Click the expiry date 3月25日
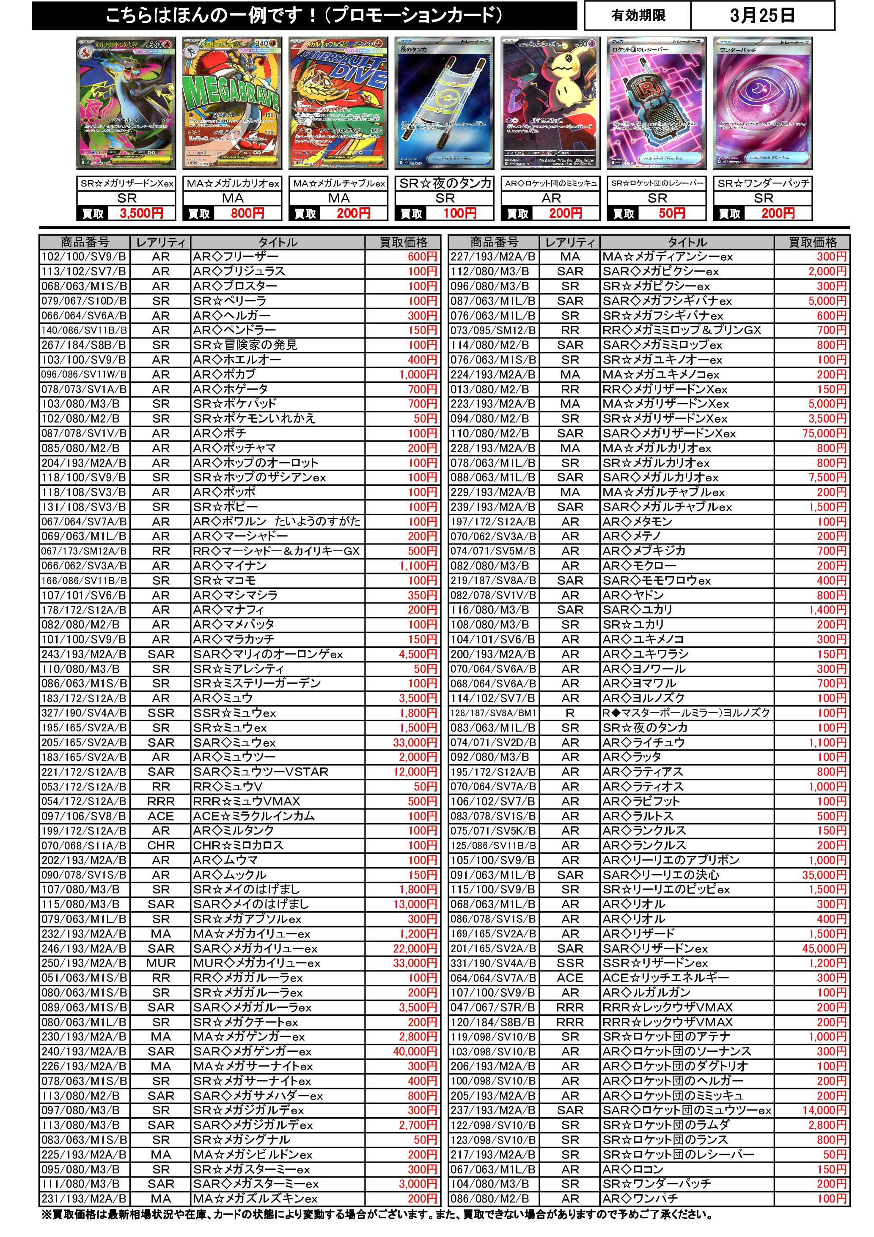coord(762,16)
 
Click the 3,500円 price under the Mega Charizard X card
coord(141,213)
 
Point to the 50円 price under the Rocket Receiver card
coord(671,213)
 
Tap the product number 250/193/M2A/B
coord(84,963)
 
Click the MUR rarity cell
coord(161,963)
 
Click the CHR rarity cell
coord(161,845)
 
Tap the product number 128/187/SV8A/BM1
coord(494,713)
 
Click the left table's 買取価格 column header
coord(403,242)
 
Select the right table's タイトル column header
coord(687,242)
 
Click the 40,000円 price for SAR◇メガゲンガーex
coord(415,1051)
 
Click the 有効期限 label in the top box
coord(638,16)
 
